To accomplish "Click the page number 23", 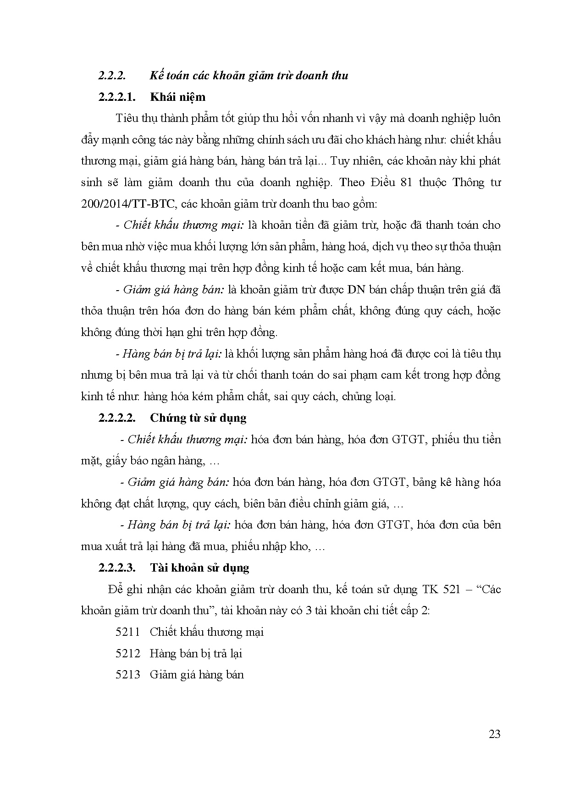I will [495, 734].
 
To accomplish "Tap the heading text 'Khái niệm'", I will [177, 97].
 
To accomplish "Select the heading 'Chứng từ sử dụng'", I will [198, 418].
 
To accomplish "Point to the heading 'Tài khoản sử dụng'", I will [199, 568].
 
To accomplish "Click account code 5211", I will [127, 632].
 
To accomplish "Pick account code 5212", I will [127, 653].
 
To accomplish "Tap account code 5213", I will [127, 675].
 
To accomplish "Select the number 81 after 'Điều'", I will [414, 182].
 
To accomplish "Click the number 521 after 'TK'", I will [452, 589].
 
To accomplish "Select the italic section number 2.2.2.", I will [112, 75].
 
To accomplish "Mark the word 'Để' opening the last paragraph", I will [116, 589].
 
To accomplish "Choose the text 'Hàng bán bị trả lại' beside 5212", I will [196, 653].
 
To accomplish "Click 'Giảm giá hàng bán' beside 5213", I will [197, 675].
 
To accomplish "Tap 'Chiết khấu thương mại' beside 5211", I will [206, 632].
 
